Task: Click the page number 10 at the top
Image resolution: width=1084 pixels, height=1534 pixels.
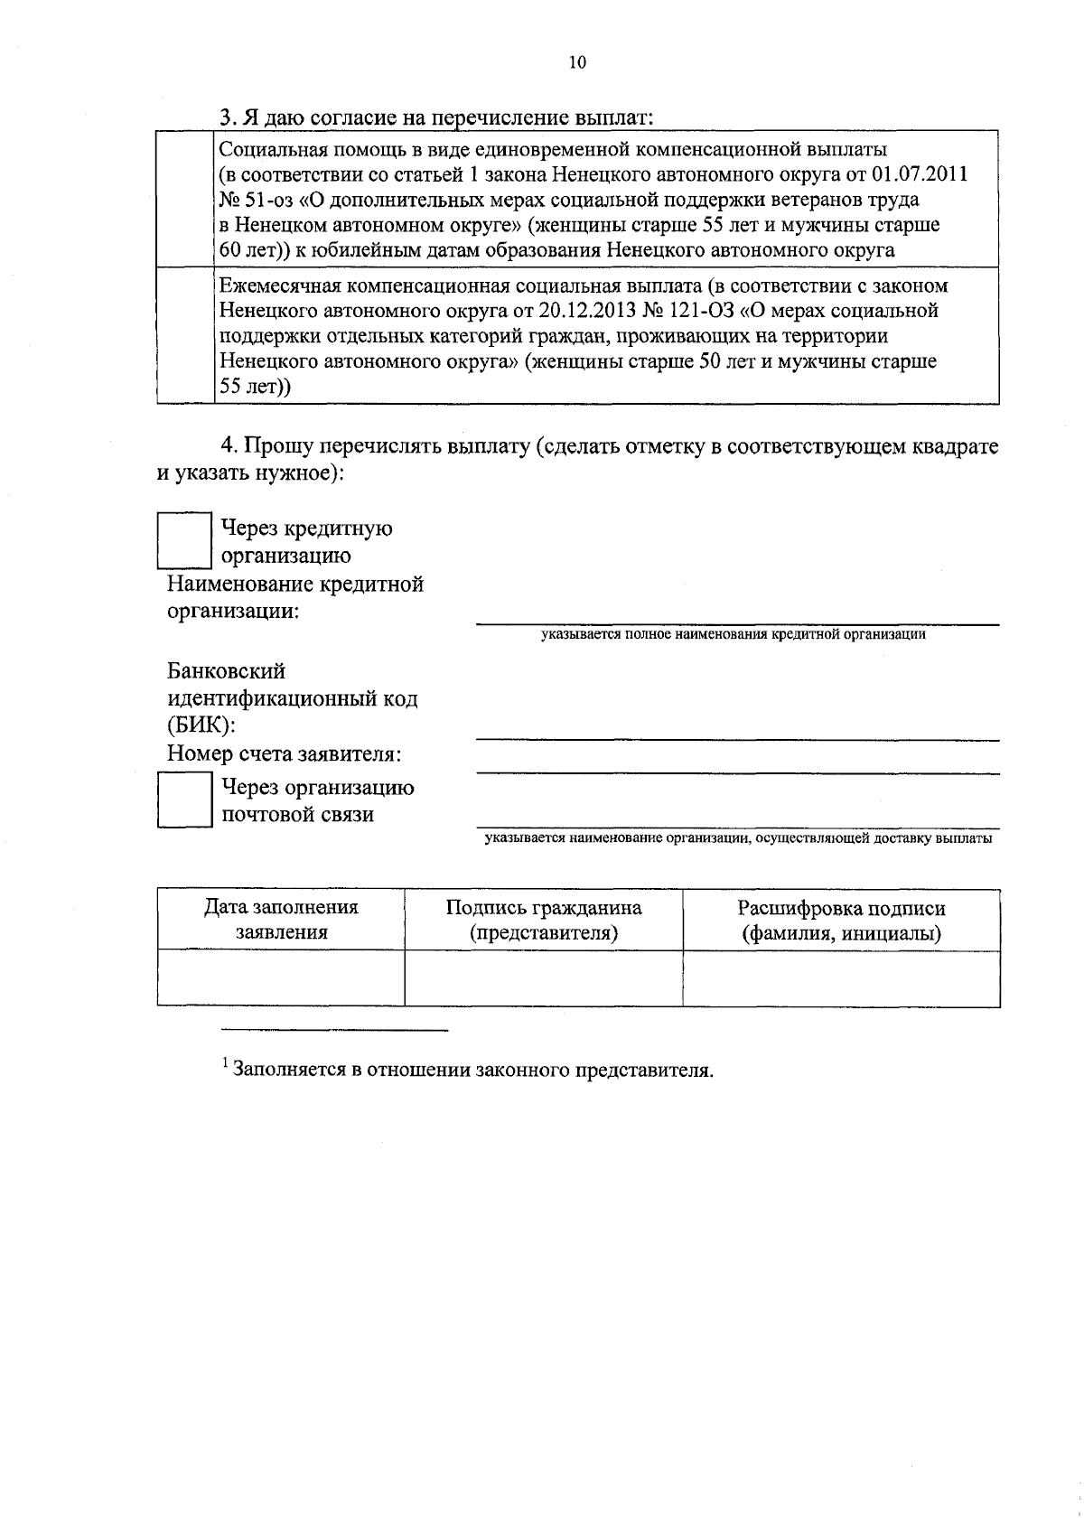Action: [578, 62]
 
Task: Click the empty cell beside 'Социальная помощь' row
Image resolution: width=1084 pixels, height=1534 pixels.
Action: [186, 199]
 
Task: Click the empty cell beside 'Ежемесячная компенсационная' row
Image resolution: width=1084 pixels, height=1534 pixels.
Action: [186, 336]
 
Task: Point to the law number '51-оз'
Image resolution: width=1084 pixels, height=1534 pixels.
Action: [267, 199]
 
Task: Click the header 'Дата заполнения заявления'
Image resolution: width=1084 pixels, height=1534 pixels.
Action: [281, 920]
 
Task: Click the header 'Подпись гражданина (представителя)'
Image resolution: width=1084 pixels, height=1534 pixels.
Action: [544, 920]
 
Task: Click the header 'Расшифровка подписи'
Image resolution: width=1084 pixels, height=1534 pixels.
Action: [841, 920]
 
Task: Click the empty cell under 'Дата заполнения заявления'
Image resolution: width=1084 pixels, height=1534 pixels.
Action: [281, 977]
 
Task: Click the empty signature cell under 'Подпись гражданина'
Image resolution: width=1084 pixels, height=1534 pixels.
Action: [544, 977]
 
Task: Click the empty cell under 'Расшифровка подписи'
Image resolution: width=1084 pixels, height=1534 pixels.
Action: [841, 977]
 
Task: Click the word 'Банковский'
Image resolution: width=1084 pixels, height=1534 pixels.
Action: [227, 671]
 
